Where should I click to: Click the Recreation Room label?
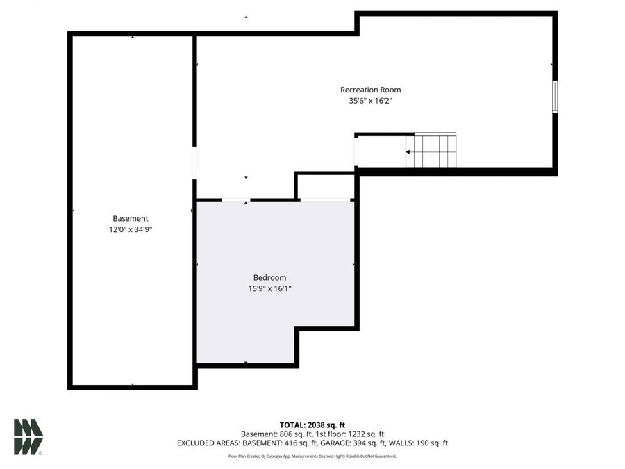click(x=370, y=90)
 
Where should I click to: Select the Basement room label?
click(x=131, y=218)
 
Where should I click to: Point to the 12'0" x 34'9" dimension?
click(x=131, y=229)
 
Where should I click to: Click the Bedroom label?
click(x=269, y=278)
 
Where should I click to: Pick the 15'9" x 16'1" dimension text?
click(x=269, y=289)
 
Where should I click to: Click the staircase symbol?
click(x=431, y=151)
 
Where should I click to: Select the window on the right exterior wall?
click(x=554, y=96)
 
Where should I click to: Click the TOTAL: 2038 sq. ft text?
click(x=312, y=425)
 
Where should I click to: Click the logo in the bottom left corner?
click(x=28, y=437)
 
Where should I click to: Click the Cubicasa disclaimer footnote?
click(x=312, y=456)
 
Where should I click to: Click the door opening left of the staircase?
click(x=356, y=152)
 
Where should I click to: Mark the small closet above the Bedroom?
click(x=326, y=186)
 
